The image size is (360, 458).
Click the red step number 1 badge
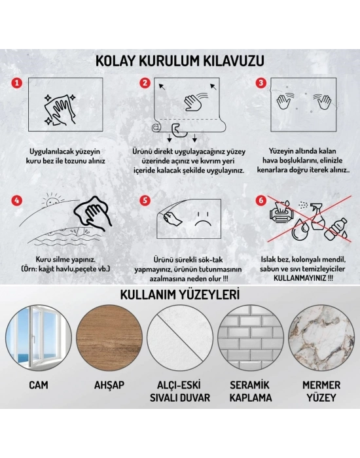click(x=18, y=84)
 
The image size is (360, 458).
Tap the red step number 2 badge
click(x=145, y=83)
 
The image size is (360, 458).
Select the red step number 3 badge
click(x=261, y=83)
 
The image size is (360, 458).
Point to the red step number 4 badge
click(x=18, y=201)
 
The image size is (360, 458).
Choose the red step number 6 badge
click(x=261, y=201)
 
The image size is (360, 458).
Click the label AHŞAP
click(x=109, y=386)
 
